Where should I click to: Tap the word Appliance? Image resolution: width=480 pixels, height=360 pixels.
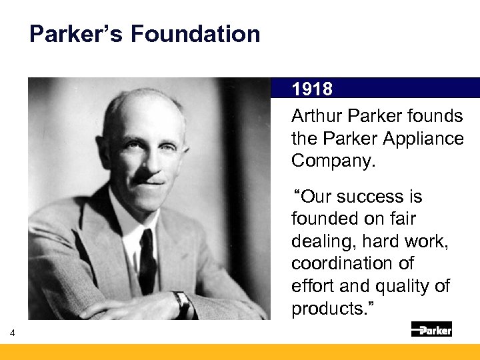pyautogui.click(x=427, y=139)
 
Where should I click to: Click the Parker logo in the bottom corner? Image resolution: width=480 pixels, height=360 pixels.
pyautogui.click(x=431, y=329)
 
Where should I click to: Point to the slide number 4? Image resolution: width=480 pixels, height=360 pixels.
pyautogui.click(x=12, y=333)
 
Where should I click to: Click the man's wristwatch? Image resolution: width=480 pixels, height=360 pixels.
pyautogui.click(x=180, y=303)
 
